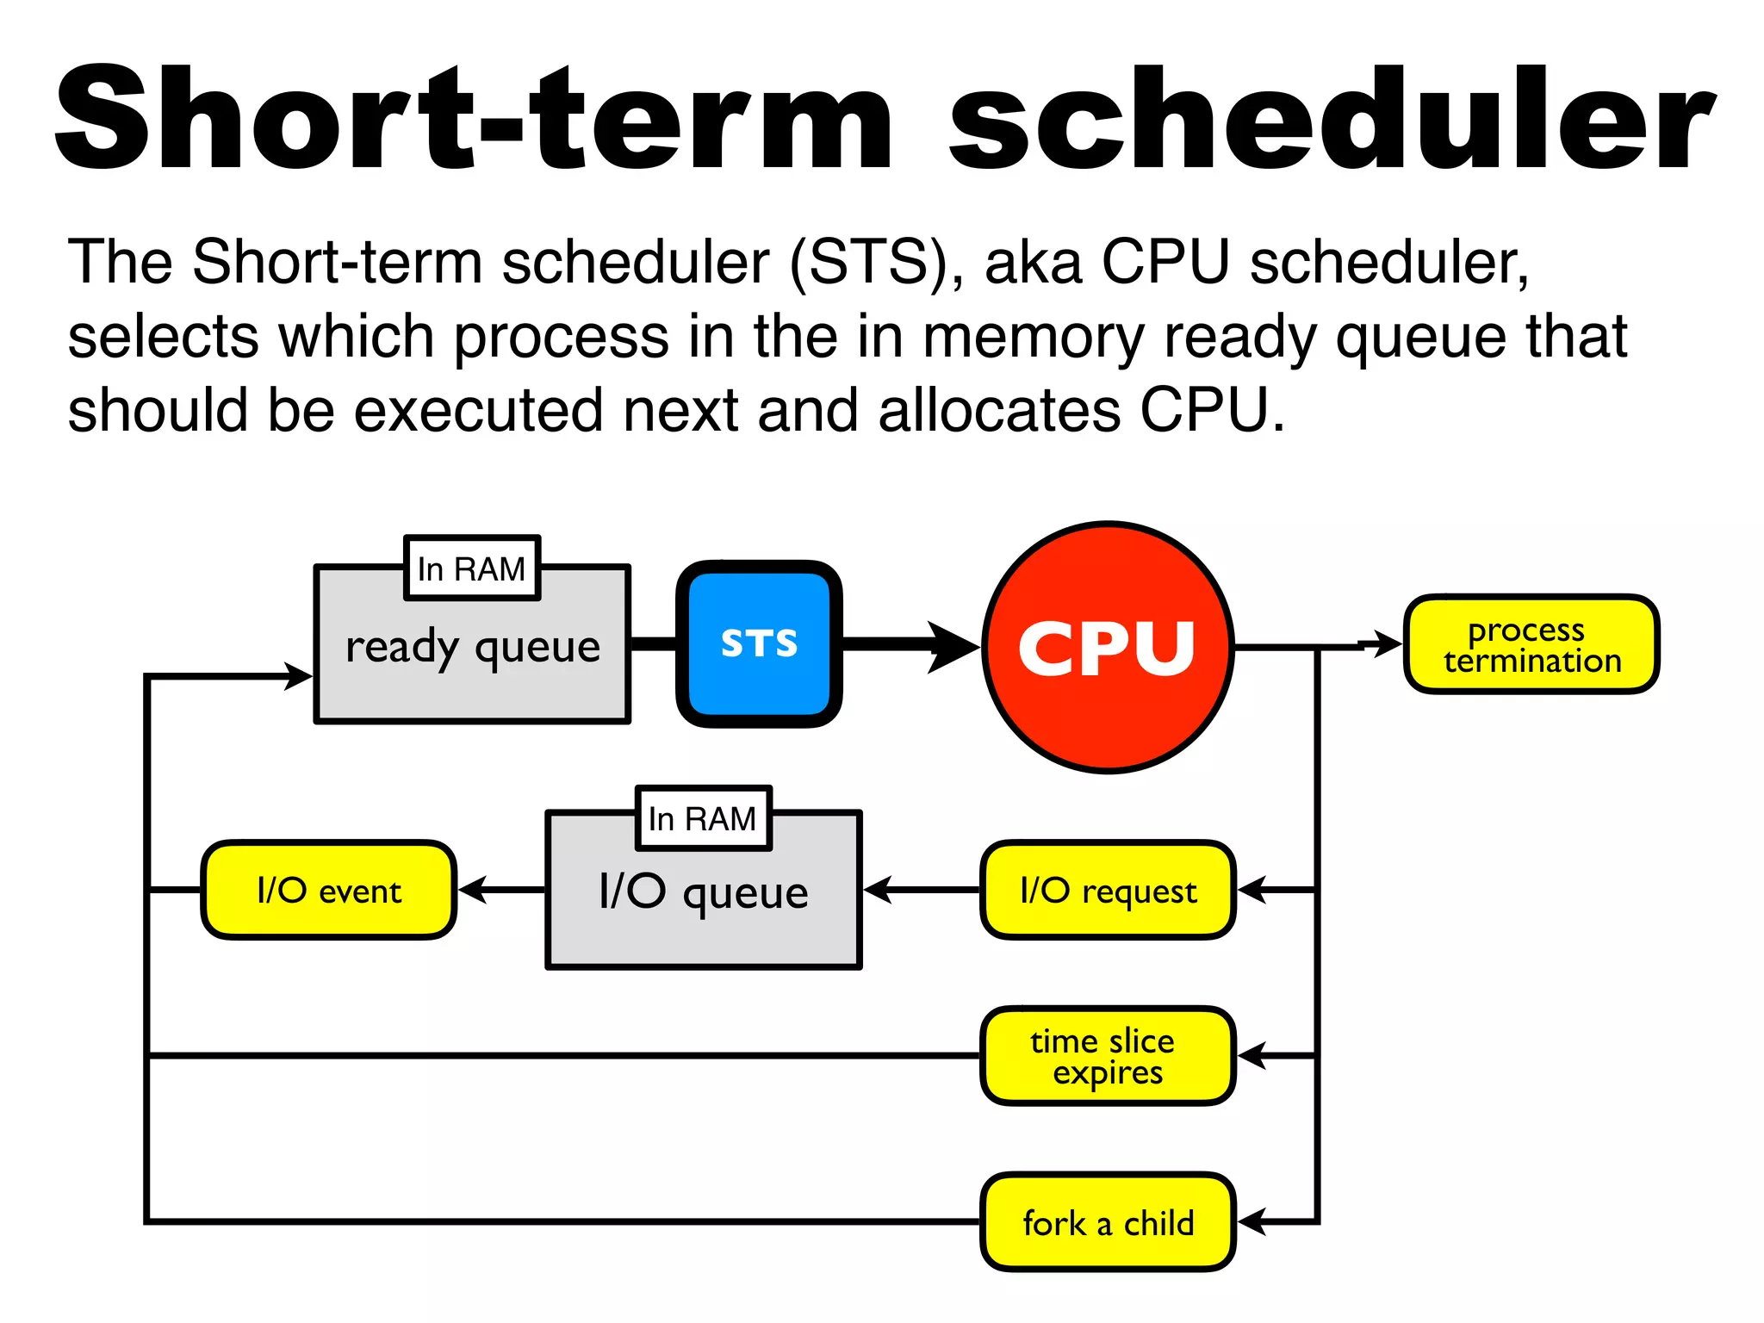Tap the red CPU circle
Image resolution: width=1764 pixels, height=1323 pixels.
[x=1109, y=648]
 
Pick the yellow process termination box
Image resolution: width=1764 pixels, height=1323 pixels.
[x=1531, y=644]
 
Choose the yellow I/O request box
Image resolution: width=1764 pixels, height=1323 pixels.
[x=1108, y=890]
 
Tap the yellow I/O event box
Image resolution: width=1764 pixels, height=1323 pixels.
[x=328, y=890]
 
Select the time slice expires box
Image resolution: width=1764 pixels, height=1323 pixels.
[x=1108, y=1056]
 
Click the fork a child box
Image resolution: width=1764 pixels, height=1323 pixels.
[x=1108, y=1222]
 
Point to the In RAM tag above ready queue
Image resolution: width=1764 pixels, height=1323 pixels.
[x=471, y=568]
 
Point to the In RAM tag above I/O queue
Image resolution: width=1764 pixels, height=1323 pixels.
[x=703, y=818]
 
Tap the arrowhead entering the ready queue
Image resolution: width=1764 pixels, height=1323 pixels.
[x=298, y=676]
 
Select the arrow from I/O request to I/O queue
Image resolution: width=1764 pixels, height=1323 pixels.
[x=922, y=890]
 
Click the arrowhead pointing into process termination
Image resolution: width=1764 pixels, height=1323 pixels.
[x=1387, y=643]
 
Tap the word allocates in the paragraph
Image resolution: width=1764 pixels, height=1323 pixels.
[x=999, y=410]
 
